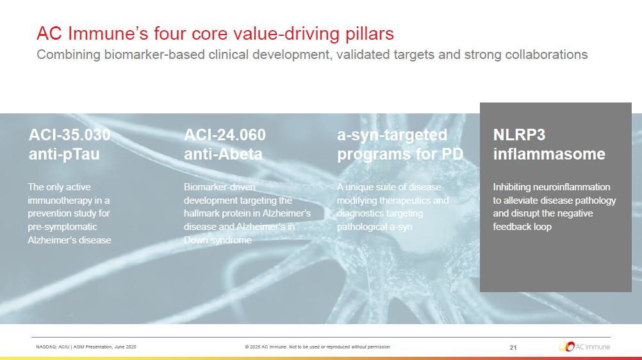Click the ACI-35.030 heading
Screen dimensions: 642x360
pyautogui.click(x=69, y=135)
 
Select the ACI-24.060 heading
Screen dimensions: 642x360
pyautogui.click(x=225, y=135)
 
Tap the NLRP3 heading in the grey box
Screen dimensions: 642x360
pyautogui.click(x=519, y=135)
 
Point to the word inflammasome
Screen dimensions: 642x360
pyautogui.click(x=549, y=154)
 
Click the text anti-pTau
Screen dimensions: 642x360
pyautogui.click(x=64, y=154)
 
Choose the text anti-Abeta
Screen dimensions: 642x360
pyautogui.click(x=223, y=154)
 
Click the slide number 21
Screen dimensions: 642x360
pyautogui.click(x=513, y=347)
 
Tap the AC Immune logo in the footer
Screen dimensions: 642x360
pyautogui.click(x=584, y=347)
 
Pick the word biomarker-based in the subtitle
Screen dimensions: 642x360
pyautogui.click(x=154, y=54)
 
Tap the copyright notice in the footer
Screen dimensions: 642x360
pyautogui.click(x=317, y=347)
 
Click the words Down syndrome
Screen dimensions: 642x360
pyautogui.click(x=217, y=240)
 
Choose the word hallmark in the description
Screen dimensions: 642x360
pyautogui.click(x=201, y=213)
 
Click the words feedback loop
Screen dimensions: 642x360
pyautogui.click(x=522, y=227)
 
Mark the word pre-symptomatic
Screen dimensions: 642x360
pyautogui.click(x=62, y=227)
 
